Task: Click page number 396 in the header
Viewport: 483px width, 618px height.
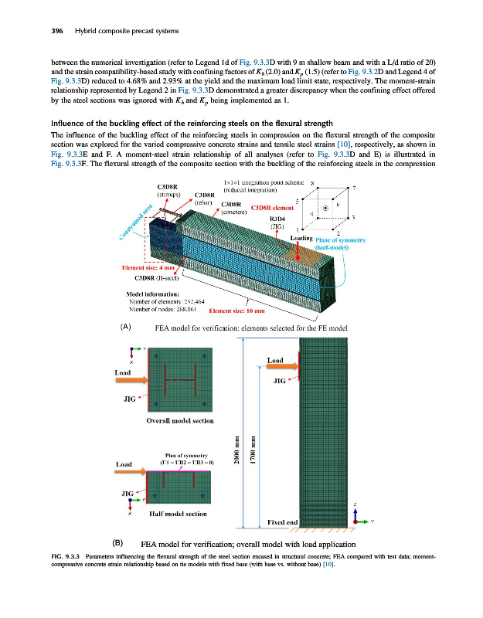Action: click(35, 31)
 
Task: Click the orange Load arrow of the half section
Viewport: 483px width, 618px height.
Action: click(131, 471)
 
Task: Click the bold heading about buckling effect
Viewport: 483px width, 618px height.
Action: click(182, 124)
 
